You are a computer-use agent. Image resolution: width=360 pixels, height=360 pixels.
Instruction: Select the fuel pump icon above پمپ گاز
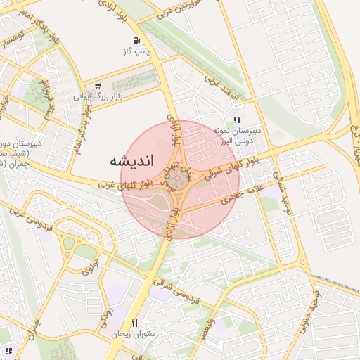pos(135,40)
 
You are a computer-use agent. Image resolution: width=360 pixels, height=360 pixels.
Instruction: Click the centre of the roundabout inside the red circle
pos(177,181)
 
